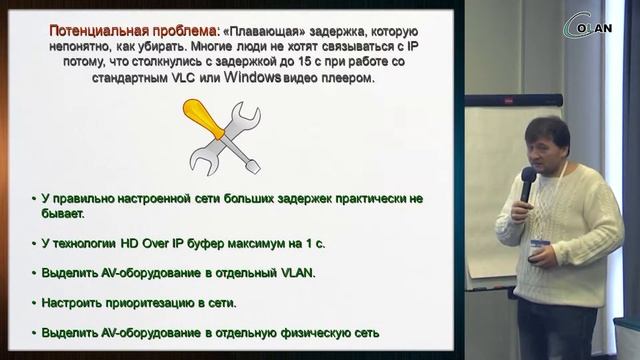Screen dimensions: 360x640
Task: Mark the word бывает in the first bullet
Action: click(x=64, y=213)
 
